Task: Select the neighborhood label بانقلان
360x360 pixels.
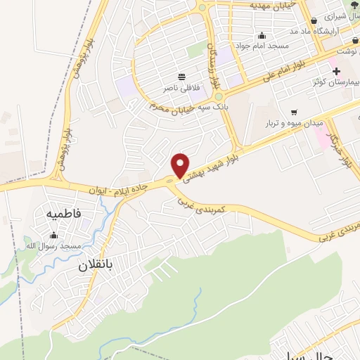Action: click(95, 266)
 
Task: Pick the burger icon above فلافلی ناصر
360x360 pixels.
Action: click(182, 76)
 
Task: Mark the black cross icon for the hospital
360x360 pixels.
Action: click(336, 71)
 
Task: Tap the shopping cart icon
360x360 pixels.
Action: click(293, 111)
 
